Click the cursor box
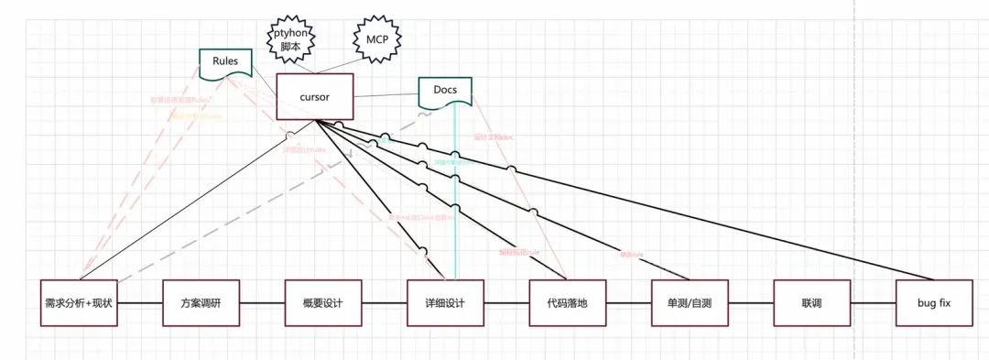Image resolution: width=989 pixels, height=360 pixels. tap(314, 96)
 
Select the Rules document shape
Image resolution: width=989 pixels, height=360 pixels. tap(225, 62)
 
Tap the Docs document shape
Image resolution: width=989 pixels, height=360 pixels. tap(445, 91)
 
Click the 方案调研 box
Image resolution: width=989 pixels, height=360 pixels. tap(201, 302)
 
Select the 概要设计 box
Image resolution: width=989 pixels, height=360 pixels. tap(322, 302)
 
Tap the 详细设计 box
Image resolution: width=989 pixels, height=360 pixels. tap(445, 302)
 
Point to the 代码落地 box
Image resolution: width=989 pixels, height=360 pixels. tap(567, 302)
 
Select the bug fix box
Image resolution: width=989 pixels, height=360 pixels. tap(934, 302)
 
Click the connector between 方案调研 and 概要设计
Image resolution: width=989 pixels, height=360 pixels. tap(262, 302)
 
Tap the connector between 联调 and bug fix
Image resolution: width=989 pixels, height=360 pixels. tap(873, 302)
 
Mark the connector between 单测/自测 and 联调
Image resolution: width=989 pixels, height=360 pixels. tap(750, 302)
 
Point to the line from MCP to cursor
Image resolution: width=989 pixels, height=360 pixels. tap(349, 65)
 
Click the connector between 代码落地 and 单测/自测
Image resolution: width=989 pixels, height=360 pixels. tap(628, 302)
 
